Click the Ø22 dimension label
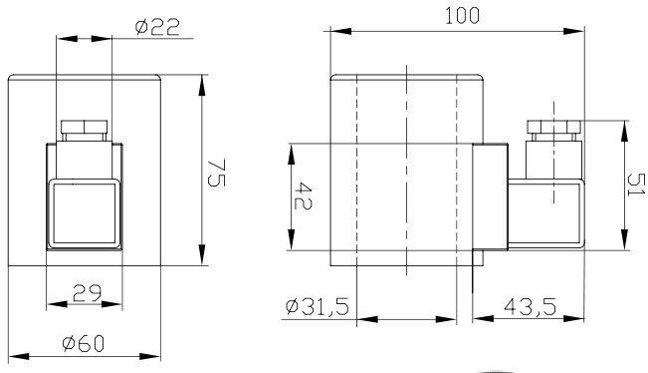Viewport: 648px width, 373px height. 157,27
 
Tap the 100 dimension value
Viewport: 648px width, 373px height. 462,16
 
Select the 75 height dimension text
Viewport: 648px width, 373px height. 216,174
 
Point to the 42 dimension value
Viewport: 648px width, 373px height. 303,195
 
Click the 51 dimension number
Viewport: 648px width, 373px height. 636,185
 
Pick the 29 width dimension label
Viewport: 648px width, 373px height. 87,293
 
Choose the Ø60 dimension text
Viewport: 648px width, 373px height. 83,344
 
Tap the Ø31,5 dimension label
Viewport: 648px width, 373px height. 317,307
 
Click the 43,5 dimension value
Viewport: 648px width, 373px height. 530,307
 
